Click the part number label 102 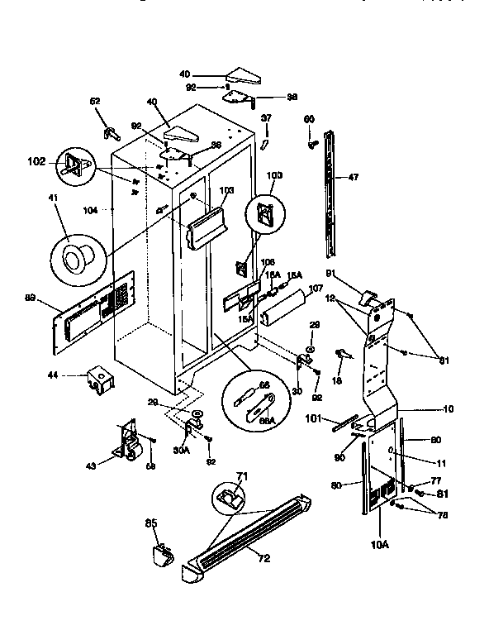37,162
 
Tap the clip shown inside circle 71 229,497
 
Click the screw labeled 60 312,145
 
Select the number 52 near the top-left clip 96,101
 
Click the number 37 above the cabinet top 266,117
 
